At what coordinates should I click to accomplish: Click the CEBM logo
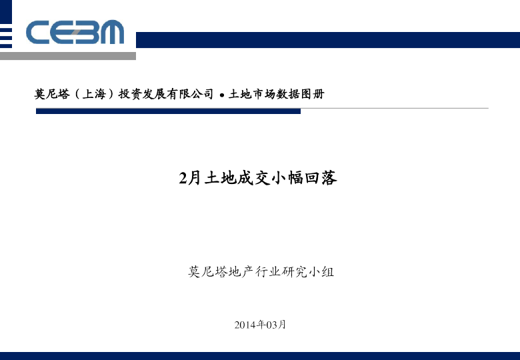(x=75, y=32)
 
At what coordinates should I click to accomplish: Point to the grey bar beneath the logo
(x=68, y=56)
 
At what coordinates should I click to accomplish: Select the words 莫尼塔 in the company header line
(x=52, y=94)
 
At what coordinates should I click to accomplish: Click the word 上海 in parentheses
(x=94, y=94)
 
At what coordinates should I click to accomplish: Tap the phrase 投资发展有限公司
(x=166, y=94)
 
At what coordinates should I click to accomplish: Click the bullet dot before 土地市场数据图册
(x=222, y=96)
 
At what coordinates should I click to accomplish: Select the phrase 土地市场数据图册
(x=276, y=94)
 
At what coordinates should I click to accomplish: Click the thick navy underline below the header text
(x=168, y=111)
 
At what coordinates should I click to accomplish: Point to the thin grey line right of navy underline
(x=395, y=108)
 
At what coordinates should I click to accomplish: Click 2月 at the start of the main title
(x=190, y=178)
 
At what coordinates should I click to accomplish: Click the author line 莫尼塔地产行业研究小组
(x=261, y=272)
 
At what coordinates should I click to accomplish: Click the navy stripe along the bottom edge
(x=260, y=356)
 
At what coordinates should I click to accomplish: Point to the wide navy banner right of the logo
(x=328, y=40)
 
